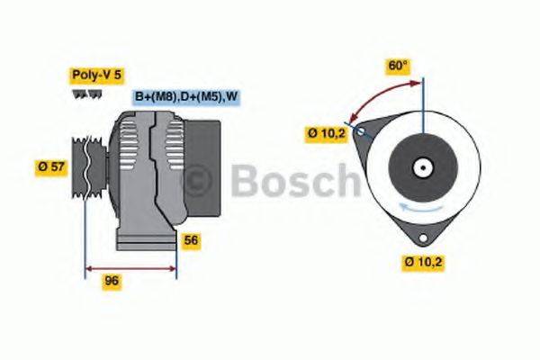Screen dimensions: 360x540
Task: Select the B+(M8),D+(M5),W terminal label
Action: (185, 96)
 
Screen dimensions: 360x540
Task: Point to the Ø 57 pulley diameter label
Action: (53, 166)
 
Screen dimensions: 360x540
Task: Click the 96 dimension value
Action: (112, 281)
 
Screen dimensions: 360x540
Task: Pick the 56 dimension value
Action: (190, 240)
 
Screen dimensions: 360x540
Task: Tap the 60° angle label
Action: (397, 67)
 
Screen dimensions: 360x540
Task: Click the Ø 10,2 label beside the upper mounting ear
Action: (327, 134)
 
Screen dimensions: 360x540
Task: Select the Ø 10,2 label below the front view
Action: (424, 262)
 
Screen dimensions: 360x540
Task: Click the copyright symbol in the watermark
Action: (198, 183)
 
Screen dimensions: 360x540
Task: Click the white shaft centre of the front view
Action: (420, 167)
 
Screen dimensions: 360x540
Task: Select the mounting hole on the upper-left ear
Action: (361, 132)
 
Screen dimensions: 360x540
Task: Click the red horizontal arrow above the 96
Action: (130, 267)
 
